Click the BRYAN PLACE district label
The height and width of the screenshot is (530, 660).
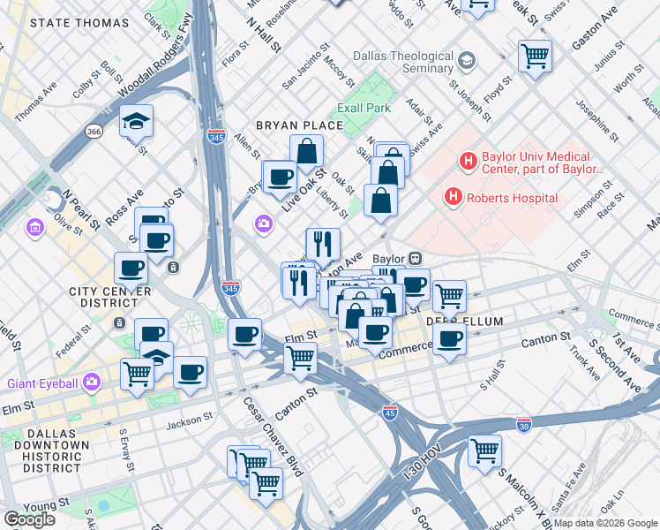click(299, 125)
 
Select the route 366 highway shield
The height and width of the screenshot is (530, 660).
click(94, 131)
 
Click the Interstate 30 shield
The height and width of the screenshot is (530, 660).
click(524, 425)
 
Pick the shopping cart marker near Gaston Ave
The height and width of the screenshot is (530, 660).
click(536, 56)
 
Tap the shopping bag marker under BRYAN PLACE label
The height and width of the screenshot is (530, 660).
click(306, 150)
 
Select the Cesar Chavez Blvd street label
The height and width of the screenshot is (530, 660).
click(273, 435)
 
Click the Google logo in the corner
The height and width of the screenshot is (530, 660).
click(29, 519)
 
